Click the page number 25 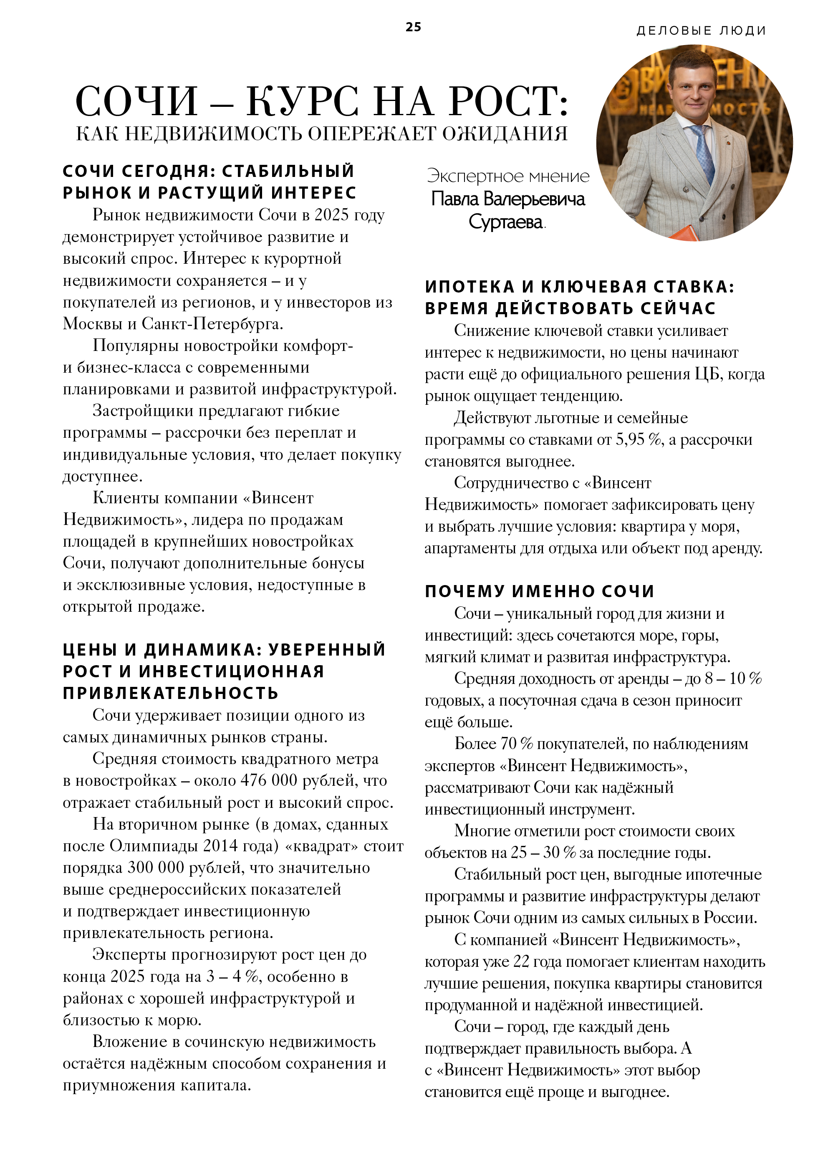[413, 27]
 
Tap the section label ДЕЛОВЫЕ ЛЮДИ [701, 30]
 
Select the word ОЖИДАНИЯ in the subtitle [504, 134]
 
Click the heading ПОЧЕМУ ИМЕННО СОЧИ [540, 591]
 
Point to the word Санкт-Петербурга [212, 324]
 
